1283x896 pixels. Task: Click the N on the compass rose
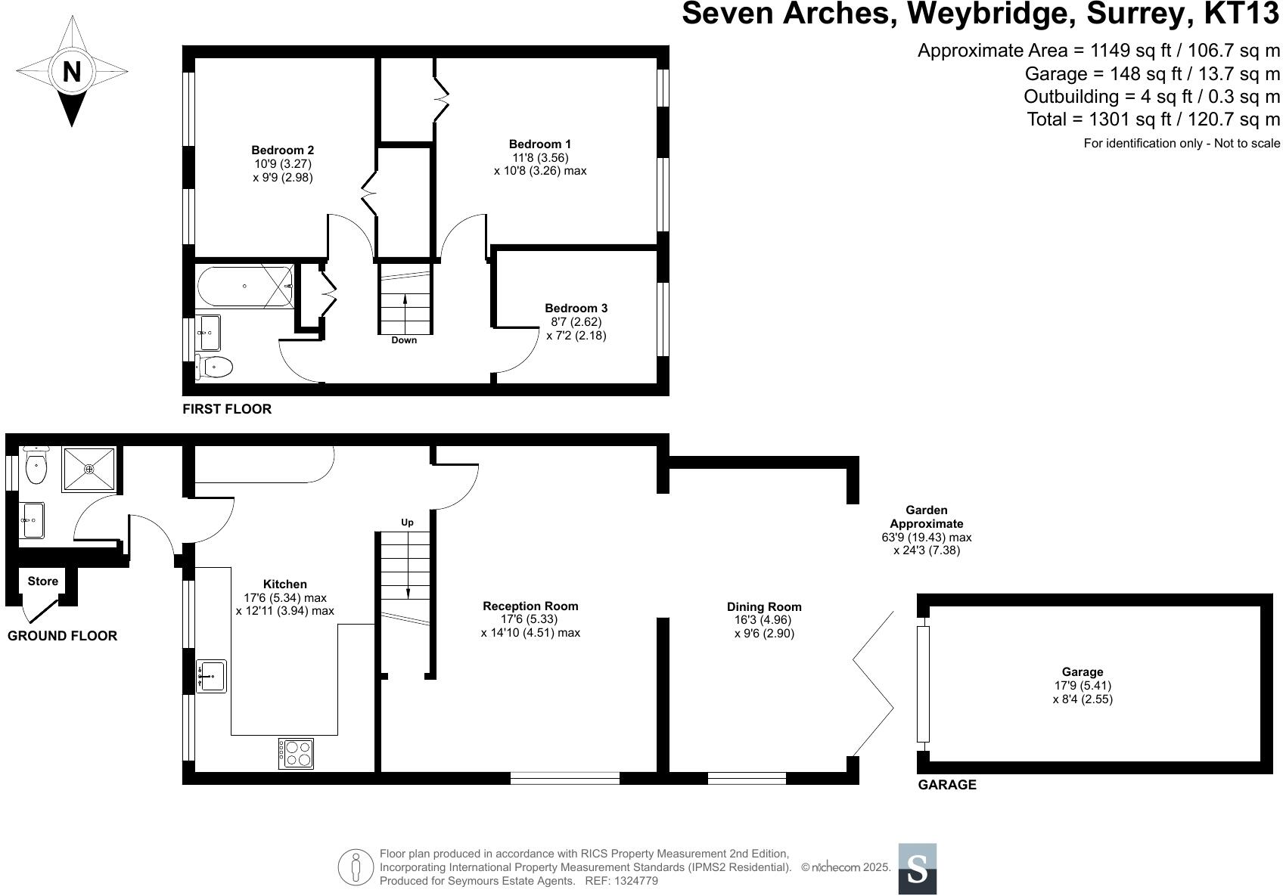pyautogui.click(x=71, y=72)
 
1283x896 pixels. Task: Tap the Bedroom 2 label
pyautogui.click(x=282, y=150)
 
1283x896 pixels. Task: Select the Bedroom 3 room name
pyautogui.click(x=576, y=308)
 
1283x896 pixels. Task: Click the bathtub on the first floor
pyautogui.click(x=244, y=286)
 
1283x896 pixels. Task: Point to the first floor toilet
pyautogui.click(x=214, y=367)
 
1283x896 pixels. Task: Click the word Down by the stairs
pyautogui.click(x=404, y=340)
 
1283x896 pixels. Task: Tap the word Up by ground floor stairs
pyautogui.click(x=407, y=522)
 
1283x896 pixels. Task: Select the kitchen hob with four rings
pyautogui.click(x=296, y=753)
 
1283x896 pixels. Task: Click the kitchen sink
pyautogui.click(x=211, y=675)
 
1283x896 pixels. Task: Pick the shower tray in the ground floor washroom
pyautogui.click(x=89, y=470)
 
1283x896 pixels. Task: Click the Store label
pyautogui.click(x=42, y=581)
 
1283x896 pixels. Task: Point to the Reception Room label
pyautogui.click(x=530, y=606)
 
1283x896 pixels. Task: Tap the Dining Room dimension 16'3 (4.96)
pyautogui.click(x=763, y=620)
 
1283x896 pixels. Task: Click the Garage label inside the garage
pyautogui.click(x=1082, y=672)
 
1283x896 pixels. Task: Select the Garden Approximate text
pyautogui.click(x=926, y=517)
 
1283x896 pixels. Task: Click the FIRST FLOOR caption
pyautogui.click(x=227, y=409)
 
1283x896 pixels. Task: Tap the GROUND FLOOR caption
pyautogui.click(x=62, y=636)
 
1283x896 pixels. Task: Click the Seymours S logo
pyautogui.click(x=917, y=869)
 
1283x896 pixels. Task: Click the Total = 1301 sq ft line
pyautogui.click(x=1153, y=119)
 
